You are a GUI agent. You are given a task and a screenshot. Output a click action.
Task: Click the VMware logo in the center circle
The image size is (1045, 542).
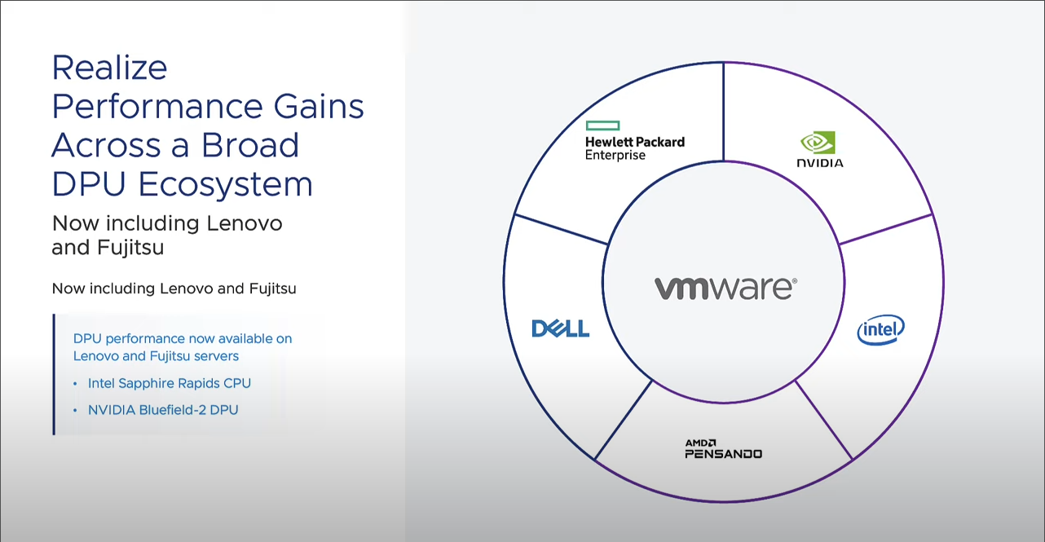click(x=725, y=288)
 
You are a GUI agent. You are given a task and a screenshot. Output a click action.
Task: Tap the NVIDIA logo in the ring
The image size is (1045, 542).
click(x=819, y=150)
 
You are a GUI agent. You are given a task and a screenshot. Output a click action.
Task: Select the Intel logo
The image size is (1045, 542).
click(x=880, y=330)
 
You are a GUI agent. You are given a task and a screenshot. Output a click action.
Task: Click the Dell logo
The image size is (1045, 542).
click(x=560, y=328)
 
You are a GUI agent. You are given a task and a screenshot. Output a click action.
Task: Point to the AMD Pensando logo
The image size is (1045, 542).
click(x=723, y=449)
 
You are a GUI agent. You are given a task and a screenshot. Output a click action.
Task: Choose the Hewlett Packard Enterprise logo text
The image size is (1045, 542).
click(x=634, y=148)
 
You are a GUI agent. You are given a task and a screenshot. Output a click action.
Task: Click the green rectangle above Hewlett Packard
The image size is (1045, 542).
click(x=602, y=126)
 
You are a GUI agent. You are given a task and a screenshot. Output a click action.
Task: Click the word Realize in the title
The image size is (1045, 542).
click(x=109, y=67)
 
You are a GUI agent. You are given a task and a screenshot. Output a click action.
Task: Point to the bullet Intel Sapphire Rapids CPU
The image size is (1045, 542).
click(x=170, y=383)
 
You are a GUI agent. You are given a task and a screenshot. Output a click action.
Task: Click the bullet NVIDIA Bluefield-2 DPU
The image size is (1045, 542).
click(x=163, y=410)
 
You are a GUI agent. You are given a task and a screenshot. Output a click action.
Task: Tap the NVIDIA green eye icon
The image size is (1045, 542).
click(x=817, y=143)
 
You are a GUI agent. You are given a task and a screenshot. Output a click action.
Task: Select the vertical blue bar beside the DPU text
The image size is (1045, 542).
click(x=54, y=374)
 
